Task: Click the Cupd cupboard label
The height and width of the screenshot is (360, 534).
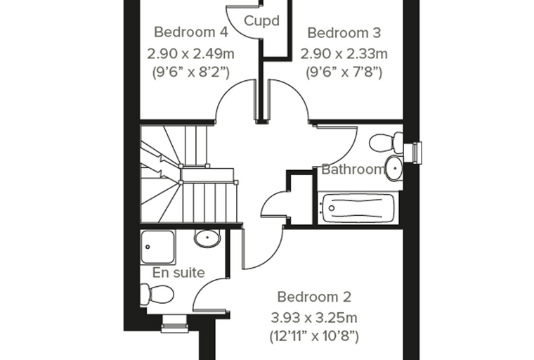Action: tap(261, 21)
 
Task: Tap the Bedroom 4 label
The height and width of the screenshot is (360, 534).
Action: tap(190, 32)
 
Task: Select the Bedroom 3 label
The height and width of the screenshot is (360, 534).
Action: tap(344, 33)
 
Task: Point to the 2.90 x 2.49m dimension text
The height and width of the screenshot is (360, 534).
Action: tap(190, 53)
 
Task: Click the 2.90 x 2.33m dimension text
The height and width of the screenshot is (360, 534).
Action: tap(344, 53)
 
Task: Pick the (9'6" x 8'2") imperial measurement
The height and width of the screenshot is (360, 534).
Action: tap(190, 72)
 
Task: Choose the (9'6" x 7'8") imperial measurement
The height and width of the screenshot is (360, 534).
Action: tap(344, 72)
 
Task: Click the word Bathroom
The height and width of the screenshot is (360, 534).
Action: tap(353, 169)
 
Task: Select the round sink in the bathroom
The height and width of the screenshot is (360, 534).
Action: tap(395, 168)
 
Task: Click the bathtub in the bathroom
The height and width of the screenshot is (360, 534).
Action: tap(358, 208)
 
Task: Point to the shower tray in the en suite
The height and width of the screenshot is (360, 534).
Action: tap(157, 247)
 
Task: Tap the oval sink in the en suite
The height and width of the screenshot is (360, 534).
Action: tap(207, 238)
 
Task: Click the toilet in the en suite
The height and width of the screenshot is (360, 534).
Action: tap(157, 294)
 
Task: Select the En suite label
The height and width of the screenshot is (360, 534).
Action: tap(178, 273)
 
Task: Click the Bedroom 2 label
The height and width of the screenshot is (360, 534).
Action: tap(314, 297)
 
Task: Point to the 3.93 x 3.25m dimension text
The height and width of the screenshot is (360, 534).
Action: tap(314, 318)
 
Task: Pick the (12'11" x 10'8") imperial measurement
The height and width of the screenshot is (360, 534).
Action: tap(314, 336)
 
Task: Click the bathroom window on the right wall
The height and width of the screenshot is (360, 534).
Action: tap(412, 153)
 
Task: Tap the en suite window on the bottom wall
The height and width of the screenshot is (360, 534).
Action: tap(174, 323)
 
